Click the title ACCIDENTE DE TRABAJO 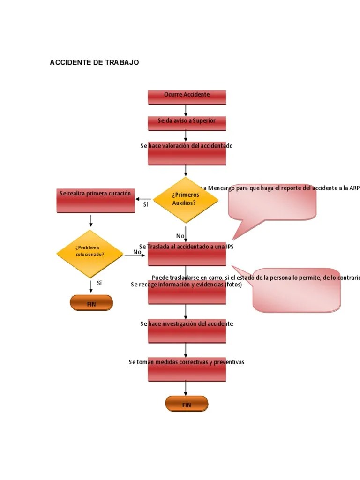click(94, 62)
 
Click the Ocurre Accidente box click(187, 97)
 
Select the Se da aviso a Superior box click(187, 123)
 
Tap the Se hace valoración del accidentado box click(187, 154)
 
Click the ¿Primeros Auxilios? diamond click(186, 200)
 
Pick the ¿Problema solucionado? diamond click(90, 254)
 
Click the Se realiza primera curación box click(95, 200)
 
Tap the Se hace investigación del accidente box click(187, 331)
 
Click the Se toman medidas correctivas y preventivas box click(187, 369)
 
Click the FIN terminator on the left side click(91, 303)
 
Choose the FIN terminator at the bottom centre click(187, 404)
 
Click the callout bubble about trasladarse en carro click(296, 291)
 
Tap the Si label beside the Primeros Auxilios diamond click(145, 204)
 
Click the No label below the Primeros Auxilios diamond click(180, 236)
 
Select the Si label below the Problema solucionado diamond click(99, 283)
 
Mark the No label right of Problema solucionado click(137, 252)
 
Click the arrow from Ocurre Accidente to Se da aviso click(186, 110)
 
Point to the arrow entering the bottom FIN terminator click(186, 388)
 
